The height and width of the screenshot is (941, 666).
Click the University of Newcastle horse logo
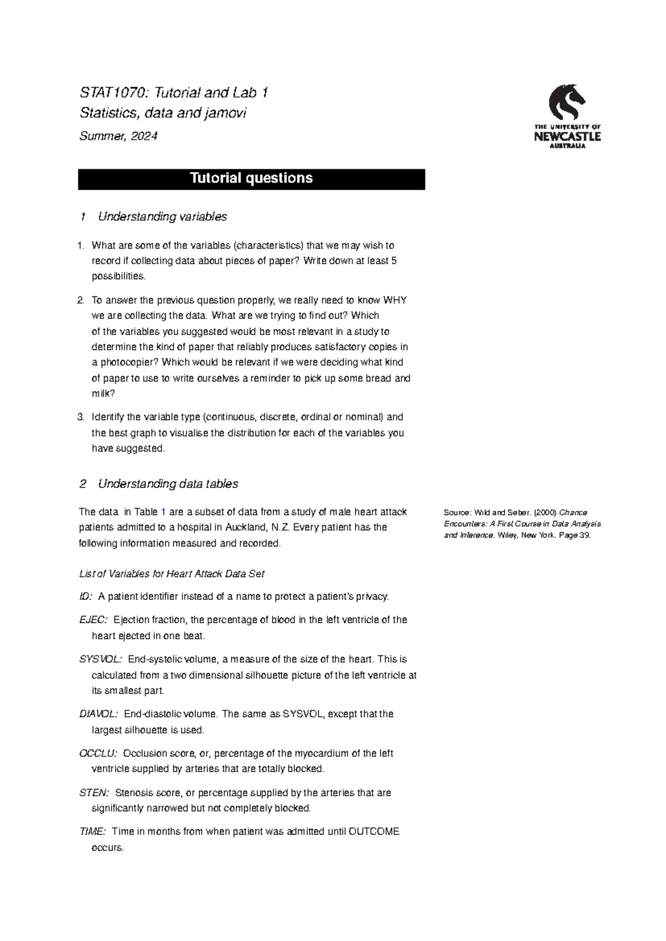coord(566,103)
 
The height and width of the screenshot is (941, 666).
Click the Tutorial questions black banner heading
coord(251,179)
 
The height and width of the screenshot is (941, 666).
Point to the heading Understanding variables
coord(162,217)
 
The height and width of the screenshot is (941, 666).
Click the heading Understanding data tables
coord(168,484)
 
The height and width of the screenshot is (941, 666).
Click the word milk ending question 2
coord(102,394)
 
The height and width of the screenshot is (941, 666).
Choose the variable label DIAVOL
coord(99,714)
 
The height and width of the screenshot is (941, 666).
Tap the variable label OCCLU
coord(98,753)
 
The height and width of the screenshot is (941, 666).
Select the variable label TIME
coord(93,832)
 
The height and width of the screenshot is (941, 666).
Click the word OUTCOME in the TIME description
coord(374,832)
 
